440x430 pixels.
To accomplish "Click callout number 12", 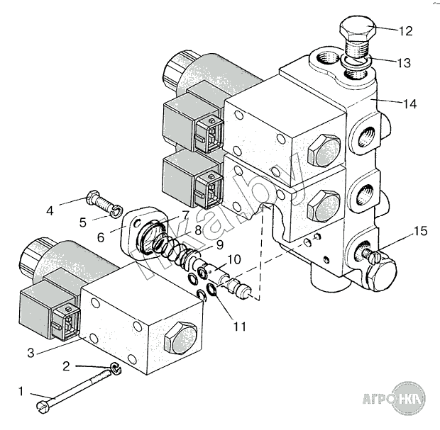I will tap(405, 31).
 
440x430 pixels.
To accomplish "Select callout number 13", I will tap(404, 63).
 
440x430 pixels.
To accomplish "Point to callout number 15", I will tap(420, 232).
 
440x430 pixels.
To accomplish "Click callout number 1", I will tap(21, 391).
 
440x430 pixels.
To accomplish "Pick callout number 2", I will tap(66, 366).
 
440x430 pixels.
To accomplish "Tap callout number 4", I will tap(50, 210).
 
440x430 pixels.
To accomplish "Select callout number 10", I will tap(235, 260).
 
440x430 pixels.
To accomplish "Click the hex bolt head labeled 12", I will tap(354, 31).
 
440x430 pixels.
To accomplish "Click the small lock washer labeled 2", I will tap(115, 368).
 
